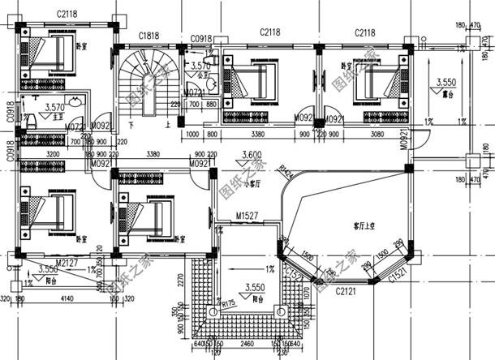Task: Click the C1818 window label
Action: [x=148, y=36]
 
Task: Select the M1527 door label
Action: [x=247, y=216]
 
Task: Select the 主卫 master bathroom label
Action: [x=56, y=117]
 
